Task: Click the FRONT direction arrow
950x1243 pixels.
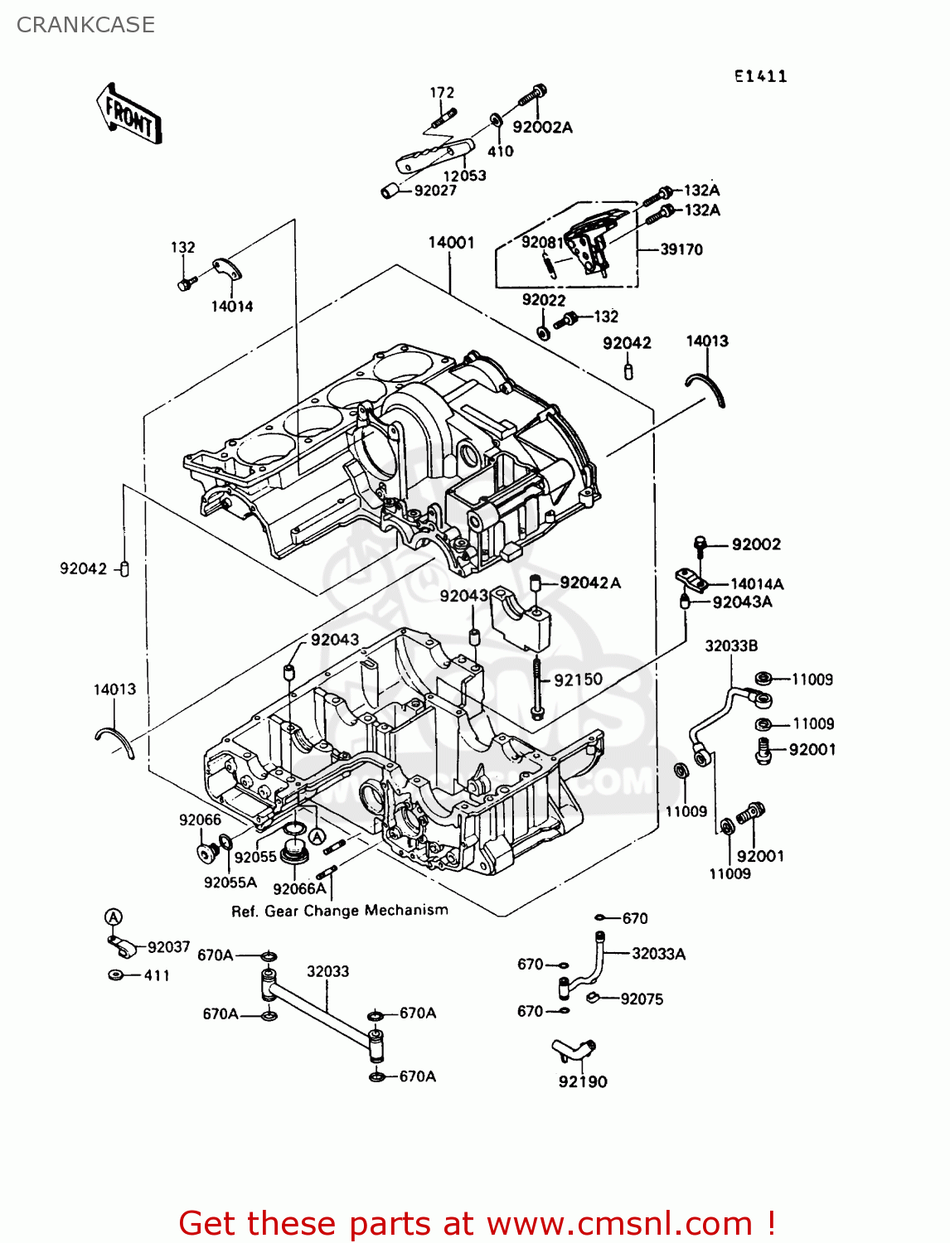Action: click(x=128, y=114)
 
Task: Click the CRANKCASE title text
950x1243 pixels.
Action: click(x=85, y=25)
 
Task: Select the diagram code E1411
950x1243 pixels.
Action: click(x=760, y=76)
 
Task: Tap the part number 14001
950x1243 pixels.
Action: click(x=451, y=243)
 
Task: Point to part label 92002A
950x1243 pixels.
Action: click(x=542, y=128)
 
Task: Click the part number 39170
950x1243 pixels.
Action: click(x=681, y=249)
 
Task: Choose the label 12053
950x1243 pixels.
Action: click(x=464, y=176)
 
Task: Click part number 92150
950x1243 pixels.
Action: click(x=578, y=680)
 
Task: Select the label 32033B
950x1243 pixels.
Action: click(x=731, y=646)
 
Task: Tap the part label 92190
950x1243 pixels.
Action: click(x=582, y=1081)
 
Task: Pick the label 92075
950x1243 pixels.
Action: click(x=642, y=999)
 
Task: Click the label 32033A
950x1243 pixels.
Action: click(x=658, y=954)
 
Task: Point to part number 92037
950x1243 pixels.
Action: click(x=168, y=947)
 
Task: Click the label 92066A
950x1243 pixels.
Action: click(x=299, y=889)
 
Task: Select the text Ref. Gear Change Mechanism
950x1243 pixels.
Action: click(x=339, y=911)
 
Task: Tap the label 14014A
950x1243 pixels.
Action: click(x=756, y=584)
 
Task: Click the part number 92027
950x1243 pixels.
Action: click(x=435, y=191)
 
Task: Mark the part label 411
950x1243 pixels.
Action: click(x=157, y=975)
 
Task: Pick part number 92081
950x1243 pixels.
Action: click(x=542, y=242)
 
